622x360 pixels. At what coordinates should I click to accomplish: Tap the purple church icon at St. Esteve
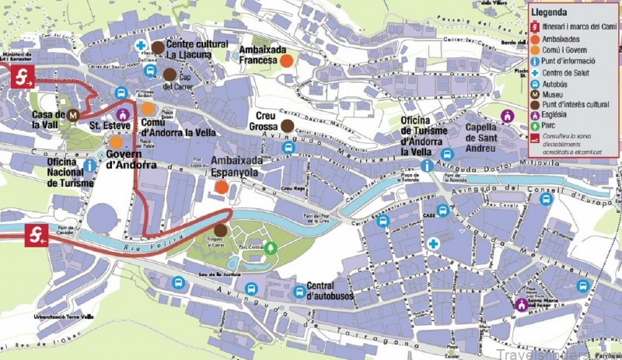click(121, 114)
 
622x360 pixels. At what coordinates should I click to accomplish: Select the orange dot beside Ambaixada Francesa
click(286, 61)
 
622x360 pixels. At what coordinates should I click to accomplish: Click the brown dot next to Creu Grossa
click(287, 124)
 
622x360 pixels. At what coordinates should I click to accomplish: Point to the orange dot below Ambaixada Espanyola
click(222, 187)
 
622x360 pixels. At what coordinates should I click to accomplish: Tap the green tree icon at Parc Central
click(271, 248)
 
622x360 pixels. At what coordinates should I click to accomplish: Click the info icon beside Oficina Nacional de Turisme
click(91, 166)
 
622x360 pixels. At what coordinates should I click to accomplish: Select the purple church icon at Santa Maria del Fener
click(521, 304)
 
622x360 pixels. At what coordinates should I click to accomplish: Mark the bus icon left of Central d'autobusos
click(299, 292)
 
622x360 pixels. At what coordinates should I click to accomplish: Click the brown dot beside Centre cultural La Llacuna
click(158, 48)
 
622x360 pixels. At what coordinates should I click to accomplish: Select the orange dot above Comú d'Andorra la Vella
click(148, 108)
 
